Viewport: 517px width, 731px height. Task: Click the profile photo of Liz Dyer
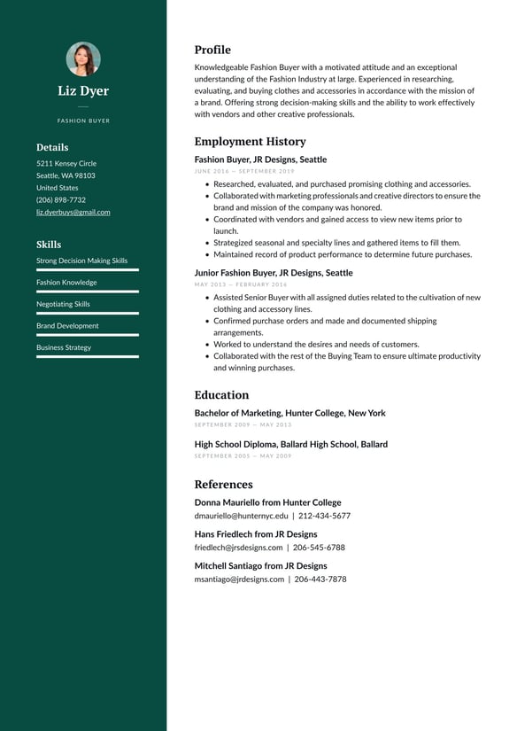click(x=83, y=59)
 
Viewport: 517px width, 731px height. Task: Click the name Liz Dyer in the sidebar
click(x=83, y=91)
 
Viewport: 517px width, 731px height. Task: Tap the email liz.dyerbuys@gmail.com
click(x=73, y=213)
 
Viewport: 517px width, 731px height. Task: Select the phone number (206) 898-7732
click(x=61, y=200)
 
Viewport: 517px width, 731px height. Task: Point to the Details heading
click(x=52, y=148)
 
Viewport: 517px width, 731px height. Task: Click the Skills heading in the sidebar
click(x=49, y=245)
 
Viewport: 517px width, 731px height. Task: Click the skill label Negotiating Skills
click(x=63, y=304)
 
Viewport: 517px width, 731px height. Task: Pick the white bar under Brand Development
click(x=88, y=335)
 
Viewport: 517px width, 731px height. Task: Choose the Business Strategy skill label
click(x=64, y=347)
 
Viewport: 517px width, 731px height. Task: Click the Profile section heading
click(x=212, y=51)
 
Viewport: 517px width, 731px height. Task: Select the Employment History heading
click(x=250, y=142)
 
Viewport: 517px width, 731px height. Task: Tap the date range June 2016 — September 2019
click(x=244, y=171)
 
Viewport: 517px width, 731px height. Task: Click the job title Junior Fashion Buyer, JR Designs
click(x=274, y=273)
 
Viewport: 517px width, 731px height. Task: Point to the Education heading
click(x=221, y=395)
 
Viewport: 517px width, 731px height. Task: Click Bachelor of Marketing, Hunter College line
click(x=289, y=413)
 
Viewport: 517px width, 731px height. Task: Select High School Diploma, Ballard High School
click(x=290, y=444)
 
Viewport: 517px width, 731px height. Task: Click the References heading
click(x=223, y=485)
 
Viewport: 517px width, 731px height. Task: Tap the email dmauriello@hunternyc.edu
click(x=241, y=516)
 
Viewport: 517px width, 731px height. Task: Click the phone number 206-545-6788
click(x=319, y=548)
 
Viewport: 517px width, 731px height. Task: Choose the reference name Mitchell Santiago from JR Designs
click(x=260, y=565)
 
